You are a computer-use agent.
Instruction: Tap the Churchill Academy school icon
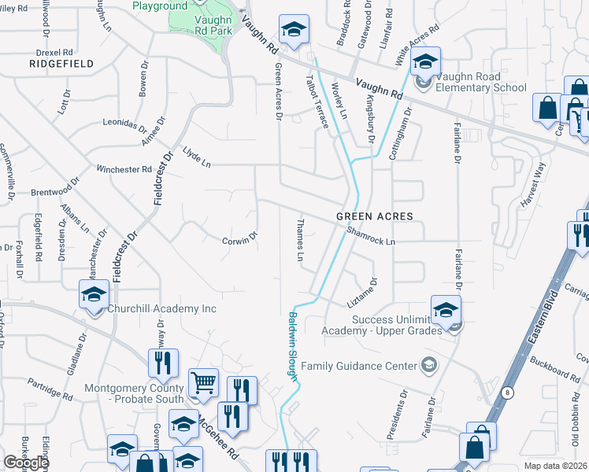tap(94, 296)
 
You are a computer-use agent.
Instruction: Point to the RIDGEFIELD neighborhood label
tap(61, 63)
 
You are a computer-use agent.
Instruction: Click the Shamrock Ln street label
tap(370, 236)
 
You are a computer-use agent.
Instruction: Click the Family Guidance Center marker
tap(428, 365)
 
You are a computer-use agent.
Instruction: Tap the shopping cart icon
tap(203, 383)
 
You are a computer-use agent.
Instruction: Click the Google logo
tap(25, 463)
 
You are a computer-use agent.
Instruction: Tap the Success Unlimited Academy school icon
tap(445, 310)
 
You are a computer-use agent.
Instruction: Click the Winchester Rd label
tap(124, 169)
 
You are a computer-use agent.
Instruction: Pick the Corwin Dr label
tap(239, 238)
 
